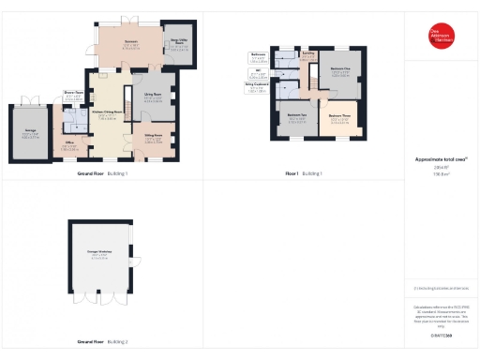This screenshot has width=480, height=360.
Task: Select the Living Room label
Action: point(152,96)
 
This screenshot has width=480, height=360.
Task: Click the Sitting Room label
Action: point(152,137)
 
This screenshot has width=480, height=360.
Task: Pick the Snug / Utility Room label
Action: point(179,42)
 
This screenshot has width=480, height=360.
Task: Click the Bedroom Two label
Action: point(297,119)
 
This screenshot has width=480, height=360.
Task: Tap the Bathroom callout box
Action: point(258,56)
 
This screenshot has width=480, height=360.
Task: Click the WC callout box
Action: point(258,72)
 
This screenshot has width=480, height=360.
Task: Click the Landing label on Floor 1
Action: point(309,54)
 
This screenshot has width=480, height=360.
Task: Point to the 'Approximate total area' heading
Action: point(441,159)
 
